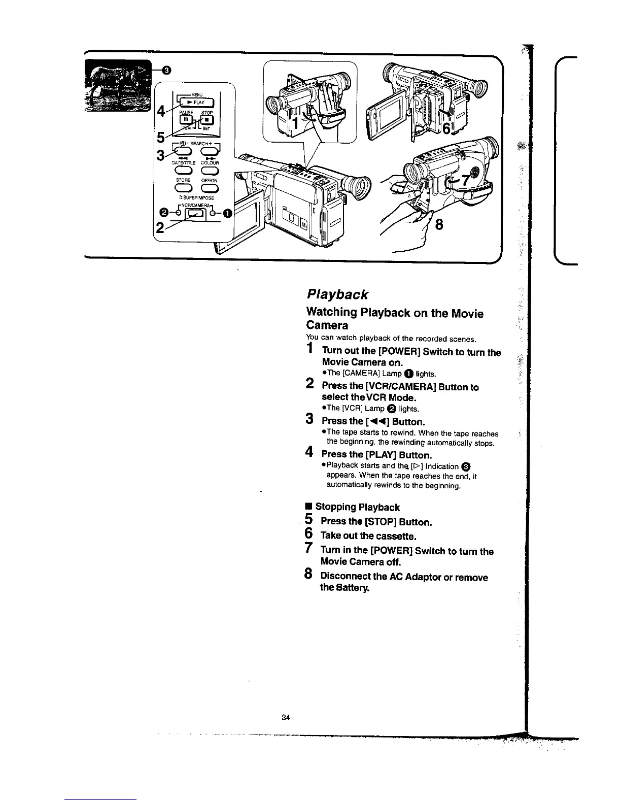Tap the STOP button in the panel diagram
click(x=207, y=120)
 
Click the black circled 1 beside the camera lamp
click(x=226, y=213)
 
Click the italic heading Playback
click(x=337, y=294)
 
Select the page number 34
click(x=285, y=717)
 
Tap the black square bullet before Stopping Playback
click(x=308, y=507)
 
